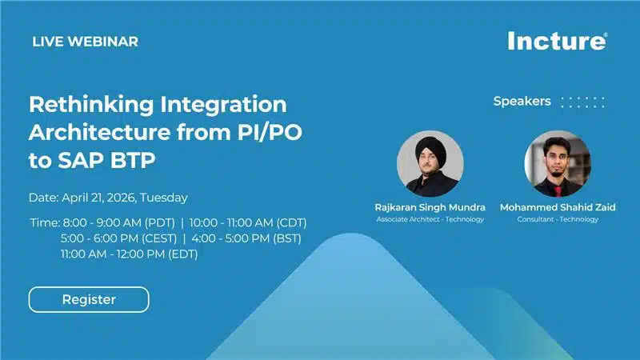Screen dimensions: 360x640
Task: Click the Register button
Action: point(89,299)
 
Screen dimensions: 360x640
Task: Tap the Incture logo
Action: point(557,41)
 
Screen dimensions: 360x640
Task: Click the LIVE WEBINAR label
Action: point(85,42)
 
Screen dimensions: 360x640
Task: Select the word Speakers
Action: point(522,102)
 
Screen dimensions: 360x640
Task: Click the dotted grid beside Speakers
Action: point(582,102)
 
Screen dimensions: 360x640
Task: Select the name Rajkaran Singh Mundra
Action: point(430,207)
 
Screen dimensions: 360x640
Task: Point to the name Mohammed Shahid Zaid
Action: point(558,207)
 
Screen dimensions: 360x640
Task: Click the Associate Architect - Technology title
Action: point(430,219)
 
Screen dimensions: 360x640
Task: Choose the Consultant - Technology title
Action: point(558,219)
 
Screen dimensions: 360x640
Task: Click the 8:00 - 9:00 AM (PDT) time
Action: point(117,222)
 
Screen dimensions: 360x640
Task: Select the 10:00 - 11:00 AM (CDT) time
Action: point(248,222)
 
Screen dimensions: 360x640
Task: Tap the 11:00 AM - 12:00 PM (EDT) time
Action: point(129,254)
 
